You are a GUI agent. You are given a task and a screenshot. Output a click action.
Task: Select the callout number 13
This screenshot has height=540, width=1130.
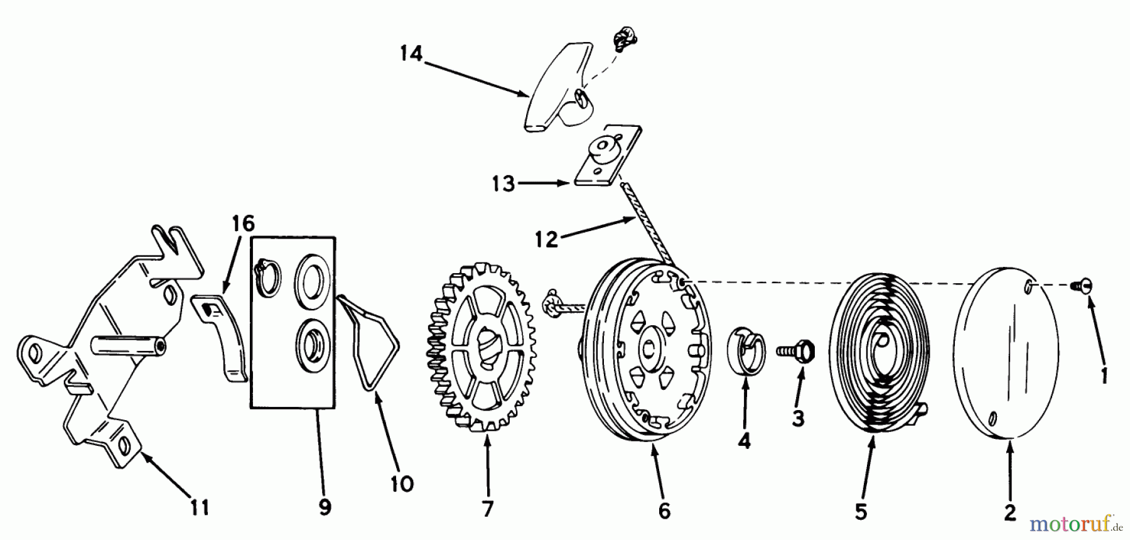(503, 184)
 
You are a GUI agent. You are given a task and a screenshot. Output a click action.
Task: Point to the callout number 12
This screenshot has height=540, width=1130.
(547, 239)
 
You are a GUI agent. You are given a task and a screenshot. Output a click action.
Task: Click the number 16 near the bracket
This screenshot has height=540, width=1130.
(243, 223)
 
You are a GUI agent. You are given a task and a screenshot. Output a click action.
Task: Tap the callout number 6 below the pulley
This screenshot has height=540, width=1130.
(664, 510)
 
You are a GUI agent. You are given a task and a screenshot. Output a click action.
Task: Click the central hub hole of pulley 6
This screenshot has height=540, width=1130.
(647, 348)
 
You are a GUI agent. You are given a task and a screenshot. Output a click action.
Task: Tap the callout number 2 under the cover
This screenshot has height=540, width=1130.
(1009, 512)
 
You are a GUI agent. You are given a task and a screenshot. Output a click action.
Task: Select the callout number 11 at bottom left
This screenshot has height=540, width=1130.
(200, 507)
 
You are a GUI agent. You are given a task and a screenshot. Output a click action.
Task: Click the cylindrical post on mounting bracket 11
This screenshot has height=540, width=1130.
(129, 345)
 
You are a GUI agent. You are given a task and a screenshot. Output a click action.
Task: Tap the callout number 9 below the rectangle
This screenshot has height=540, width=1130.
(325, 507)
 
